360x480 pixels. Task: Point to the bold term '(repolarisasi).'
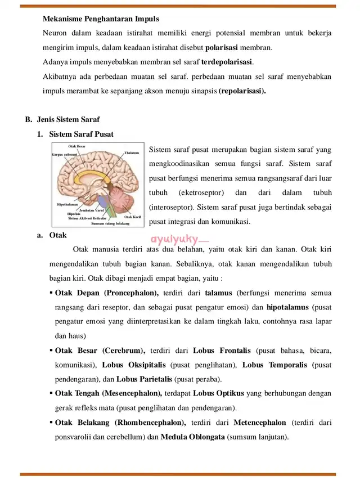242,91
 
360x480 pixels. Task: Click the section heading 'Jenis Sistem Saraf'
69,120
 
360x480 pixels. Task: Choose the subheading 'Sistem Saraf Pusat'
81,134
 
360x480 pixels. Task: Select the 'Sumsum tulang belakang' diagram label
110,223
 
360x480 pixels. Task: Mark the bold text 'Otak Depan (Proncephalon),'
107,293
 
